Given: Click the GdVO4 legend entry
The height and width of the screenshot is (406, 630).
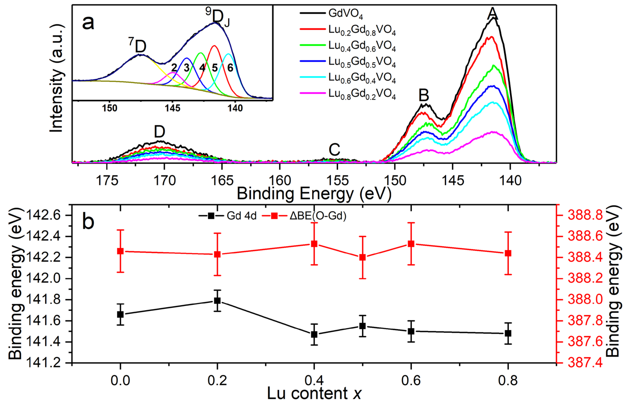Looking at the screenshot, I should coord(345,13).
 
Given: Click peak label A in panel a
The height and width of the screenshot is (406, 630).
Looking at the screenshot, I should coord(492,13).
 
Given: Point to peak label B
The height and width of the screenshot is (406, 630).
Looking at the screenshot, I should coord(424,95).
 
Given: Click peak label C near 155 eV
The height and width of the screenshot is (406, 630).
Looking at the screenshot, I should coord(334,150).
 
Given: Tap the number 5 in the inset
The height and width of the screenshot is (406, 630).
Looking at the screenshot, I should coord(215,68).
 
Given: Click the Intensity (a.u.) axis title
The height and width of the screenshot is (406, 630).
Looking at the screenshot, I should coord(57,78).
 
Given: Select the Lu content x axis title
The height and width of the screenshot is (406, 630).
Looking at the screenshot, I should coord(314,394).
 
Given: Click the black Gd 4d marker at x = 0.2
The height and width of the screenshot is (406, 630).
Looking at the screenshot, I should coord(217,301).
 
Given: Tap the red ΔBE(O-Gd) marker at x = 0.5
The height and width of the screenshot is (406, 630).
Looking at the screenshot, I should coord(363,257).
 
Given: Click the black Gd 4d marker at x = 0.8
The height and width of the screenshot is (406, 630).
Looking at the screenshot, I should coord(508,333).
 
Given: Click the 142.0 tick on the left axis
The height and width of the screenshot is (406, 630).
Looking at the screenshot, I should coord(40,279).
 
